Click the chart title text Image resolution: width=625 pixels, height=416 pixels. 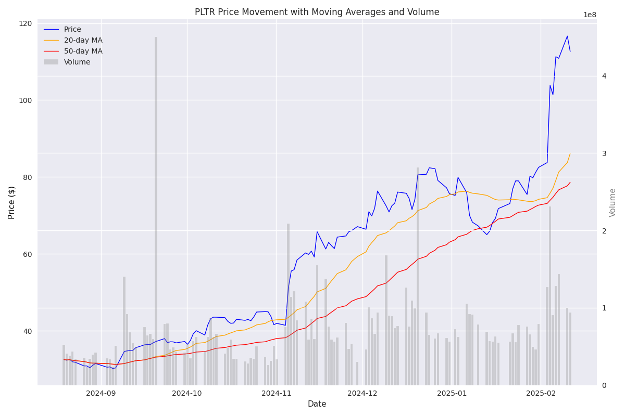pyautogui.click(x=317, y=12)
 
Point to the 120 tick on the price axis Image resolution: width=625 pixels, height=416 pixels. pyautogui.click(x=27, y=23)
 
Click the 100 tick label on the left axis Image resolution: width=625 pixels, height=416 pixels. pyautogui.click(x=27, y=100)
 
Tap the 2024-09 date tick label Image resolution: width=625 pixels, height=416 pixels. pyautogui.click(x=101, y=394)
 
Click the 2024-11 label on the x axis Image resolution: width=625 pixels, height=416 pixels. pyautogui.click(x=276, y=394)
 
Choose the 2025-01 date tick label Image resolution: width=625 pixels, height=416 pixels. pyautogui.click(x=452, y=394)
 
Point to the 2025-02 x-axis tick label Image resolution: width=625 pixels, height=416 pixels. pyautogui.click(x=541, y=394)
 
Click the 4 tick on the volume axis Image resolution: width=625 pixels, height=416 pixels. pyautogui.click(x=604, y=76)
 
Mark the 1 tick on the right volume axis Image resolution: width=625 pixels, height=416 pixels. pyautogui.click(x=604, y=308)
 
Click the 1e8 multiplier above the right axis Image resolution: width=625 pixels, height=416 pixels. pyautogui.click(x=590, y=15)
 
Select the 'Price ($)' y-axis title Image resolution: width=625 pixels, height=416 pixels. pyautogui.click(x=11, y=202)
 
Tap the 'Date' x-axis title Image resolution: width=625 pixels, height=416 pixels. pyautogui.click(x=317, y=404)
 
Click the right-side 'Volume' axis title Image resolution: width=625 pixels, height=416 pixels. pyautogui.click(x=613, y=202)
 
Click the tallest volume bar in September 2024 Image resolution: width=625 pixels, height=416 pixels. pyautogui.click(x=156, y=208)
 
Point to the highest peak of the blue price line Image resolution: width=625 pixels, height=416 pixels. pyautogui.click(x=567, y=36)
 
